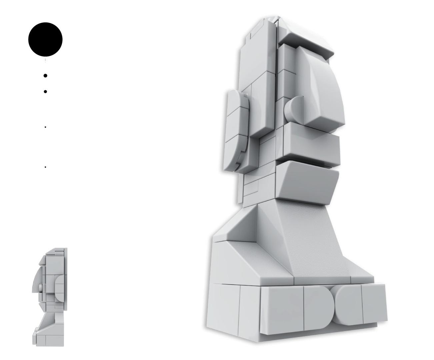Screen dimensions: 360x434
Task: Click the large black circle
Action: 45,39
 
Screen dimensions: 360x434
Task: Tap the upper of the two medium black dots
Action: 45,76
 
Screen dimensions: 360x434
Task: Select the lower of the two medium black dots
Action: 45,91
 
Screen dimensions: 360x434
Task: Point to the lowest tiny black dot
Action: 45,167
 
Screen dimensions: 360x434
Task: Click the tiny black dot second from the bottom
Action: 45,127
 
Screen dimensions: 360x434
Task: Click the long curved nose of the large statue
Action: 325,90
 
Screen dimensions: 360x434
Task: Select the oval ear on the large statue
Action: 237,130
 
